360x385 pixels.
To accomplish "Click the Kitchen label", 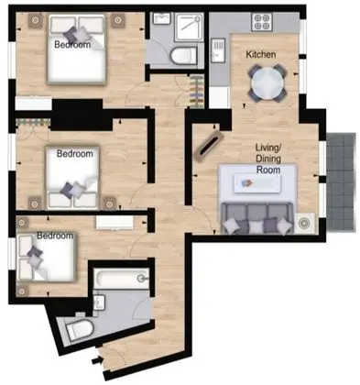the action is (261, 54).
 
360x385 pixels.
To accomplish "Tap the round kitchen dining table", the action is (267, 83).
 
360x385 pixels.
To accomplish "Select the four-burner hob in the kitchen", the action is (262, 22).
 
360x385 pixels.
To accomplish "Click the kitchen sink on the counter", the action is (218, 50).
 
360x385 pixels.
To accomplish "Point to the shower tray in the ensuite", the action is (189, 27).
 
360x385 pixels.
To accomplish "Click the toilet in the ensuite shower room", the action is (184, 56).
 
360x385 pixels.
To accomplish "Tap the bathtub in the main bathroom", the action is (122, 278).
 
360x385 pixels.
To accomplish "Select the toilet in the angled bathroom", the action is (80, 329).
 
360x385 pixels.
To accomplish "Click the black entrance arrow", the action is (96, 360).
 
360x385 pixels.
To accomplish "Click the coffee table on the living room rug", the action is (257, 183).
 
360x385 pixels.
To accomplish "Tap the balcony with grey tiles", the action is (341, 181).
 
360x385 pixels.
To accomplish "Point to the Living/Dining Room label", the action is (268, 159).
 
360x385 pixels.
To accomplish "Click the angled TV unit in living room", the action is (208, 146).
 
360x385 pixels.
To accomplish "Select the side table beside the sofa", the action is (304, 224).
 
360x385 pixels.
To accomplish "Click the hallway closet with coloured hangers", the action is (196, 91).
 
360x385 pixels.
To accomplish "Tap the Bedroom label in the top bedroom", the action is (72, 45).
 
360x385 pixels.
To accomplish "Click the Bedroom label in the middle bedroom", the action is (75, 153).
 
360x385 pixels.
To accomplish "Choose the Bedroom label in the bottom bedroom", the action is (55, 236).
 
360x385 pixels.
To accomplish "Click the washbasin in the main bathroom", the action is (99, 302).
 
